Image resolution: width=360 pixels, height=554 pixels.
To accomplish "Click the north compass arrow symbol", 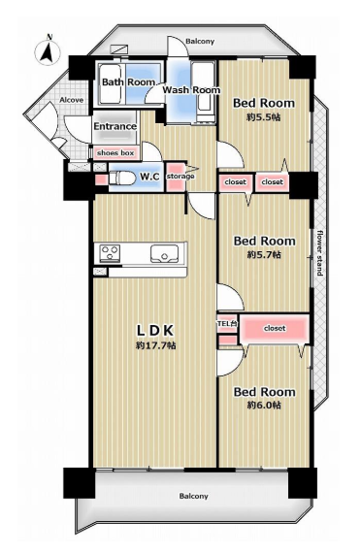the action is coord(49,49).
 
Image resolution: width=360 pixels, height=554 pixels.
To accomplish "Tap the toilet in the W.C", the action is coord(121,177).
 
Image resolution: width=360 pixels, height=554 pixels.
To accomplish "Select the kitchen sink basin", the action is coord(164,253).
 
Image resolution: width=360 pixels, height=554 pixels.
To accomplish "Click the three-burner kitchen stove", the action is coord(111,253).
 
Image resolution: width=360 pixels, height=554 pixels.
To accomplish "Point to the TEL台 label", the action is coord(226,323).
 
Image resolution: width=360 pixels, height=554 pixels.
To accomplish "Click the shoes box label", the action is coord(115,153).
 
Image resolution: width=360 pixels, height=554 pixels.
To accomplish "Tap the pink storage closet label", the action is coord(180,177).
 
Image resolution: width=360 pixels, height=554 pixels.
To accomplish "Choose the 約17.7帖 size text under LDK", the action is coord(156,345).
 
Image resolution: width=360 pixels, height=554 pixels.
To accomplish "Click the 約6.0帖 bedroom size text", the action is coord(264,405).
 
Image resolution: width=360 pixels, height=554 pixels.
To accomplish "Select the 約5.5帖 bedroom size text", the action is coord(264,117).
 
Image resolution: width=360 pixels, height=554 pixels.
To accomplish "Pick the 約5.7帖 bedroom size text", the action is coord(264,254).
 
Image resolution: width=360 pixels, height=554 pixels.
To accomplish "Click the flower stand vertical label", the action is coord(319,252).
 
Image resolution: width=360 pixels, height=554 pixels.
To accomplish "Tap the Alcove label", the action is coord(72,100).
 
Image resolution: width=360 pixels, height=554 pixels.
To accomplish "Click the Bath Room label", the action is coord(128,81).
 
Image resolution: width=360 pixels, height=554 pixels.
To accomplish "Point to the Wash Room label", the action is coord(191,89).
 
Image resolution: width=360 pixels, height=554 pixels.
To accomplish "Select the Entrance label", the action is coord(115,126).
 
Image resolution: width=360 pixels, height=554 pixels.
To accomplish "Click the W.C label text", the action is coord(149,177).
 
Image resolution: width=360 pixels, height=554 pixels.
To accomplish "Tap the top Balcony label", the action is coord(200,42).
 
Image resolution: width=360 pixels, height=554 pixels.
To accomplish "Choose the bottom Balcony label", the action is coord(194,496).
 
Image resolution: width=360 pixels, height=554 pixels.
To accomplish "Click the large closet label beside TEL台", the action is coord(275,328).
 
